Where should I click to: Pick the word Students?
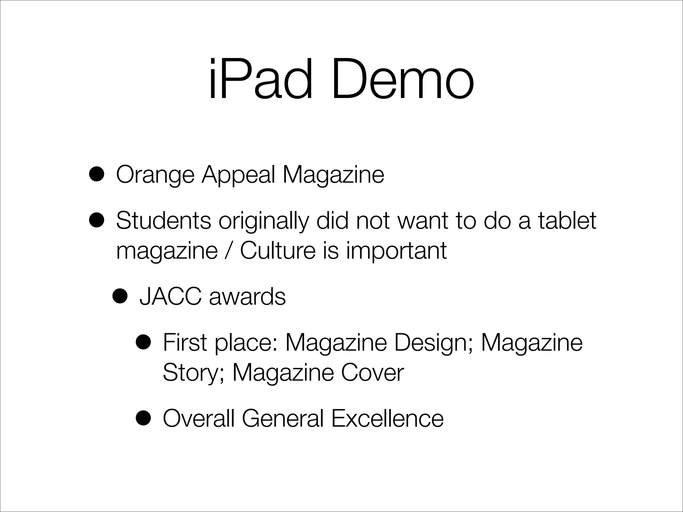point(163,220)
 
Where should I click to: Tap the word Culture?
point(277,250)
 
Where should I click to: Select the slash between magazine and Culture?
point(228,250)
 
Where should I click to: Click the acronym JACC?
point(170,296)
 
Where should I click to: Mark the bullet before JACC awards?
point(120,296)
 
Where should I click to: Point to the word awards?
point(247,296)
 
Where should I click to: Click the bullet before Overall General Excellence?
point(143,418)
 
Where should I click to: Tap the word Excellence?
point(387,418)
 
